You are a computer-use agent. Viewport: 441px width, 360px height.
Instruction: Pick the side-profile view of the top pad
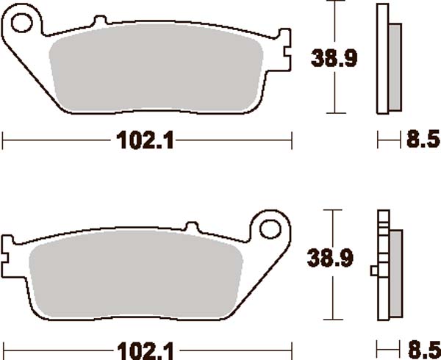387,59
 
